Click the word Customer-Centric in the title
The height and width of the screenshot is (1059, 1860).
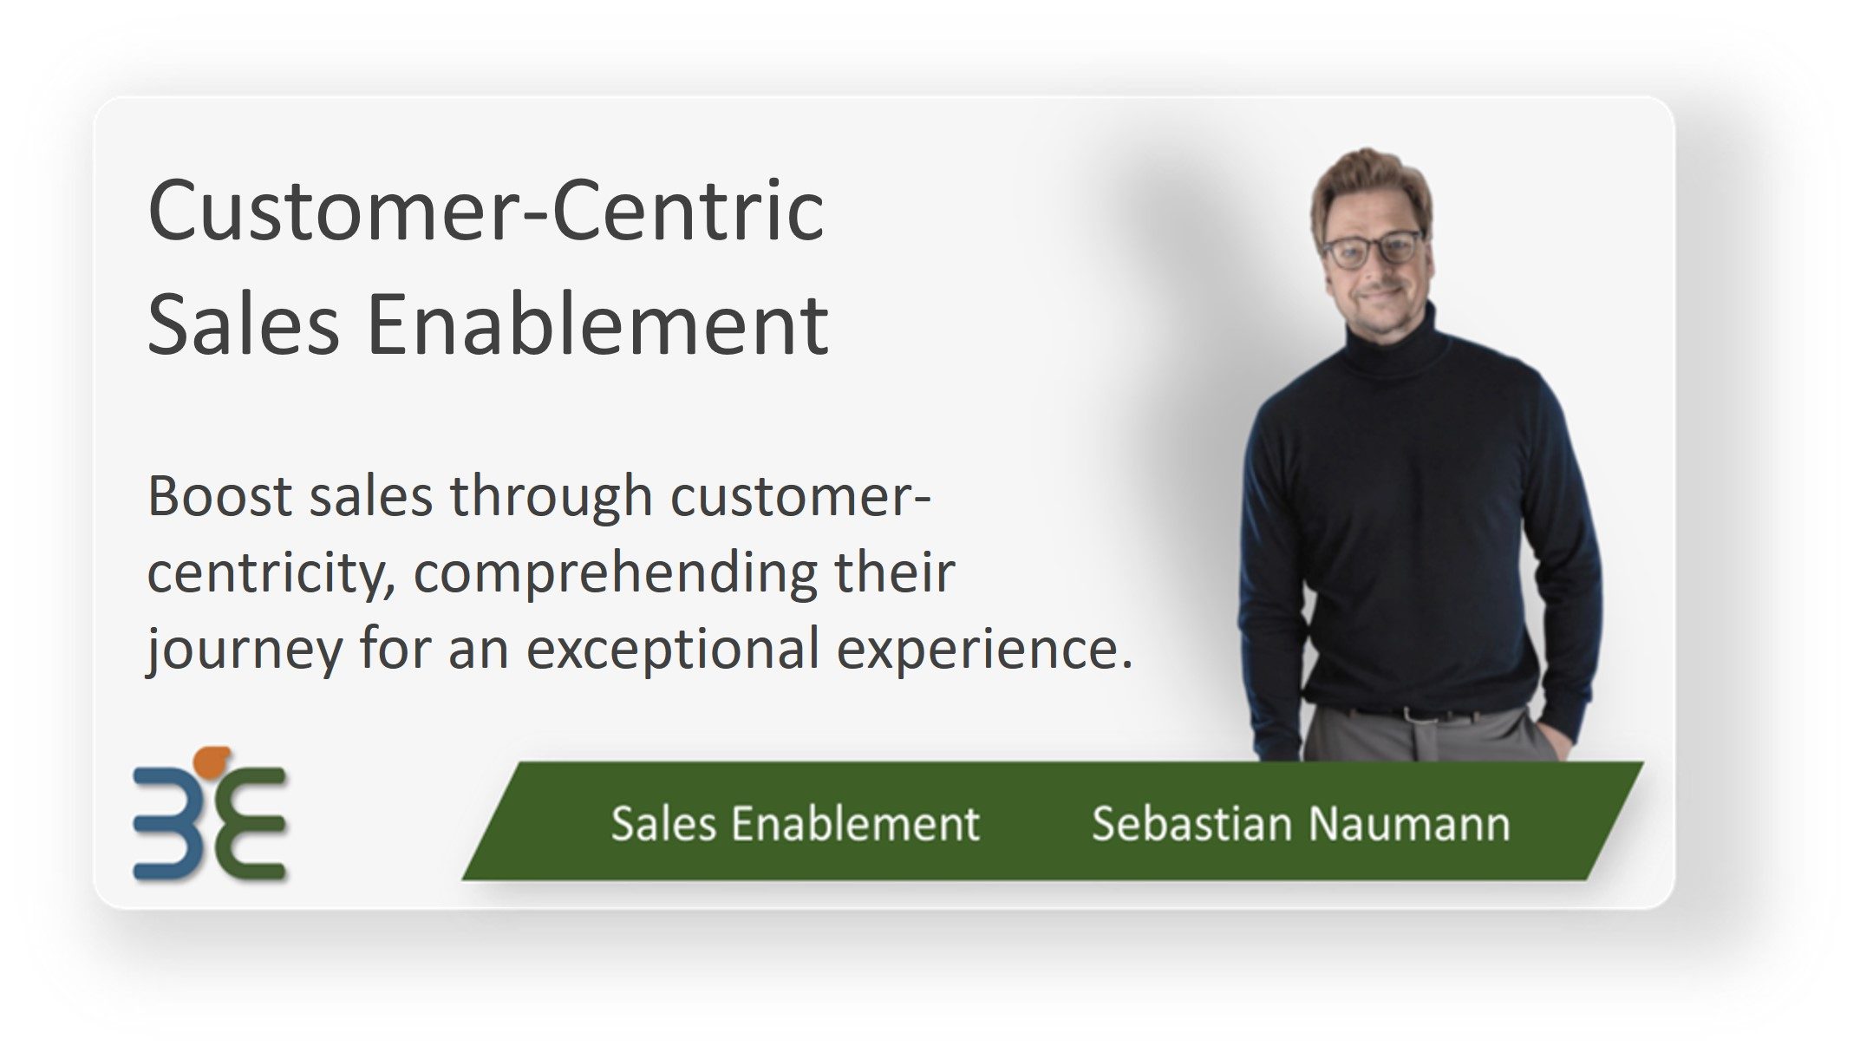click(x=486, y=211)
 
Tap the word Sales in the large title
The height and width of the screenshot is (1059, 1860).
click(x=244, y=324)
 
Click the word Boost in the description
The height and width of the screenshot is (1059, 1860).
click(x=219, y=497)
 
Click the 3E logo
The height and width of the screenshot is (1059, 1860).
click(x=210, y=814)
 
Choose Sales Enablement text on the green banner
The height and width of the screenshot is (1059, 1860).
click(x=795, y=823)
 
